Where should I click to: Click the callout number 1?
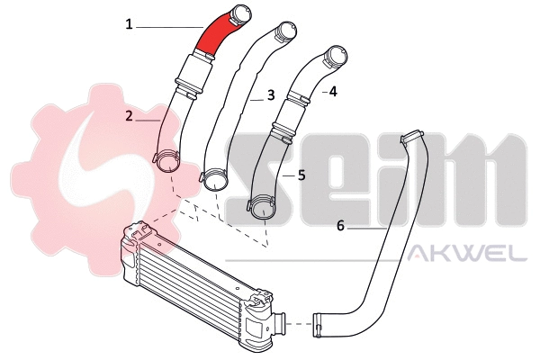click(130, 25)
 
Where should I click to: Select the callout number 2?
click(130, 115)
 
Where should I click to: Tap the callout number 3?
click(270, 94)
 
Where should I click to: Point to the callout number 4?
click(333, 91)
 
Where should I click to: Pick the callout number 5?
click(301, 175)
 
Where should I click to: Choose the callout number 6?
click(340, 226)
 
